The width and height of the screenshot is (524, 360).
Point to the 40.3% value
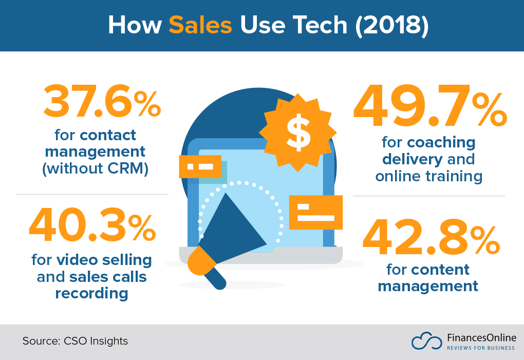pos(92,226)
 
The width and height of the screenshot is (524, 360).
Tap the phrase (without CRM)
pos(95,168)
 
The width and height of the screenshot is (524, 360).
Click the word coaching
pos(441,142)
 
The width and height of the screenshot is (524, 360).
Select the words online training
pos(429,176)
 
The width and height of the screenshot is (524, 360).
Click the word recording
pos(91,293)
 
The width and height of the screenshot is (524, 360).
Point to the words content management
pos(428,277)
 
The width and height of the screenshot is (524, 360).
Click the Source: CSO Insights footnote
pos(75,341)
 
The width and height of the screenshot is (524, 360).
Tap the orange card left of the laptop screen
pos(200,167)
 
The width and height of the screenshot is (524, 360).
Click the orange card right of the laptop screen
pos(315,212)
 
